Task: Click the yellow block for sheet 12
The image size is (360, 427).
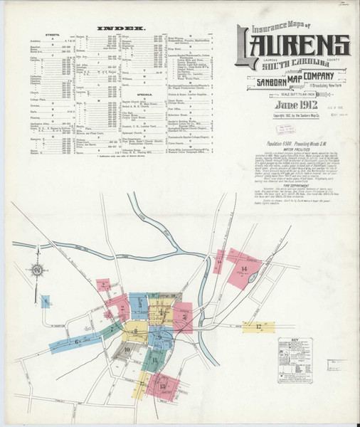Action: (254, 327)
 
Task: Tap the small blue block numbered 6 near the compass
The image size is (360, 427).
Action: (46, 302)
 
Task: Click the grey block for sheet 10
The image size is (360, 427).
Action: (127, 350)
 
